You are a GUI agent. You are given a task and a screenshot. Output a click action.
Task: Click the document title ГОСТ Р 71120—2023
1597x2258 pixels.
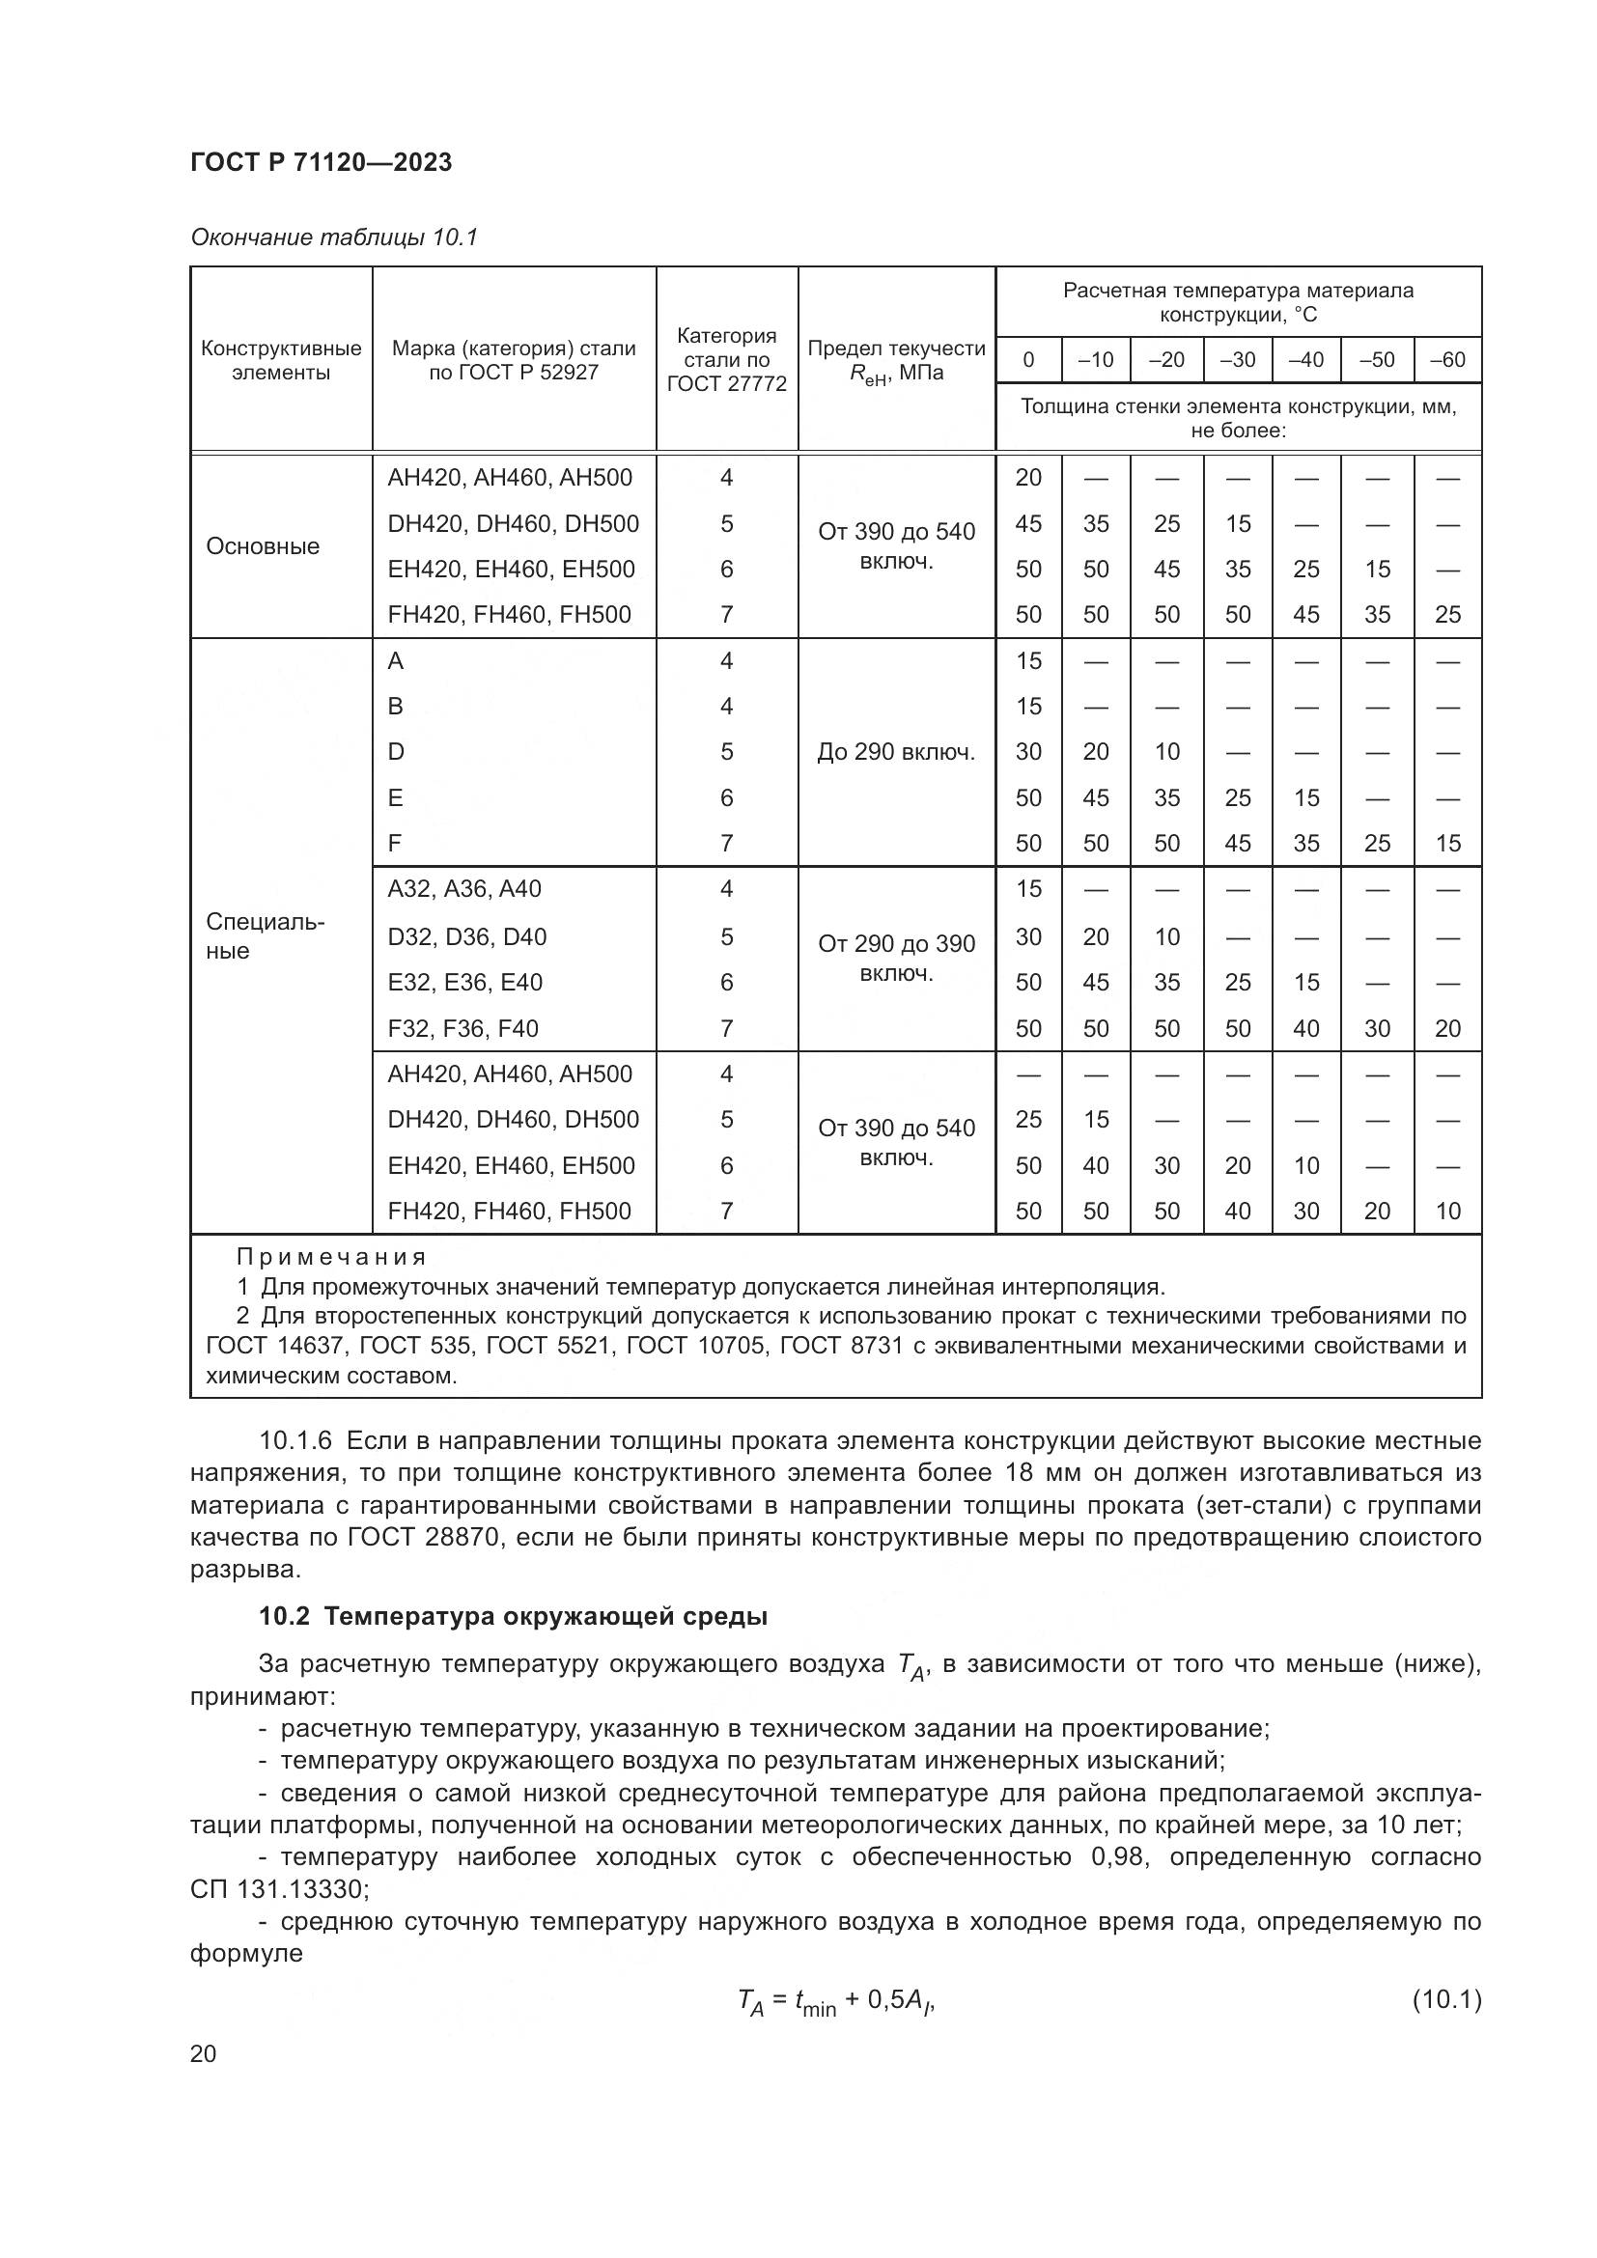click(321, 162)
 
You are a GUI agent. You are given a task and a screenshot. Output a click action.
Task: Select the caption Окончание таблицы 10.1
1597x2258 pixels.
click(333, 237)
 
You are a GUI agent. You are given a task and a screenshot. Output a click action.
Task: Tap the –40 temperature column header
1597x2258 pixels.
click(1305, 360)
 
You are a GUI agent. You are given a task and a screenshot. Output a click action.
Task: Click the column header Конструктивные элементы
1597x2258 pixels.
click(280, 360)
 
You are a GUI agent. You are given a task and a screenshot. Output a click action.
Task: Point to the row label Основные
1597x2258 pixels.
click(263, 546)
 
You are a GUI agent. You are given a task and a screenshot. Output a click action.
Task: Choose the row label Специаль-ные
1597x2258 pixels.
click(265, 936)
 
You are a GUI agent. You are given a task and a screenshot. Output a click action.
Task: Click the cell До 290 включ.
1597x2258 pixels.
click(896, 752)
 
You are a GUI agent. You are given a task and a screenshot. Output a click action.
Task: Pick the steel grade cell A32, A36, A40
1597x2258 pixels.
click(464, 889)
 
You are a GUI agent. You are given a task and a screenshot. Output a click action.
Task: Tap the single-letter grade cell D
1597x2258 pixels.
click(395, 752)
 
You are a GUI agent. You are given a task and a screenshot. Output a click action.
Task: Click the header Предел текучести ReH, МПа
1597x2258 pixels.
click(896, 360)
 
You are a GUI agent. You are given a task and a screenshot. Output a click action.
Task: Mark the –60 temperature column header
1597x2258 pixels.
click(1446, 360)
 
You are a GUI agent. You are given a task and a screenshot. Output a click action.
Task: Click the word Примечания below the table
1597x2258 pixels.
click(331, 1257)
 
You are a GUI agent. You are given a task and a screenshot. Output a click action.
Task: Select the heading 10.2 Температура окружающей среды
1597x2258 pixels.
click(513, 1617)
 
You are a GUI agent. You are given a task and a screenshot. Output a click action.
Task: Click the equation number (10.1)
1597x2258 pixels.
click(1445, 1999)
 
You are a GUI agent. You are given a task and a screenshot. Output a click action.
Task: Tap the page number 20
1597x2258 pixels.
click(203, 2053)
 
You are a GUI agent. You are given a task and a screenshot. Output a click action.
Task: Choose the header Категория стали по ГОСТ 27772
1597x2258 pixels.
click(727, 360)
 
